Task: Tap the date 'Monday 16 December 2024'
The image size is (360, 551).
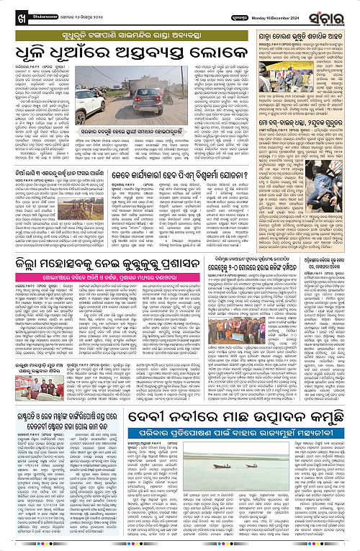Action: coord(285,15)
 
